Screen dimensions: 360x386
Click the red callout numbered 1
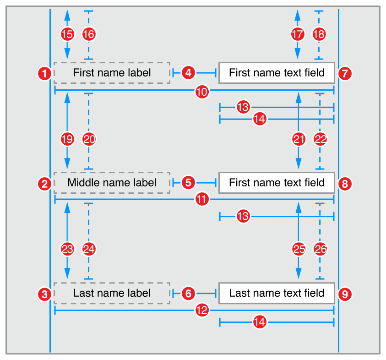click(x=44, y=73)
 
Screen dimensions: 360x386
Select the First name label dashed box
click(x=112, y=72)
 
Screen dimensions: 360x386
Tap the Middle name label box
click(x=112, y=183)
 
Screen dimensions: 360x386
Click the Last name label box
click(x=112, y=293)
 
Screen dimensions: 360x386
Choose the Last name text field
click(x=277, y=293)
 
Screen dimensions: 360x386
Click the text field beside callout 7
click(x=277, y=72)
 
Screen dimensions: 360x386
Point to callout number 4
click(x=189, y=72)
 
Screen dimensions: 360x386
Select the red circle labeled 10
click(x=201, y=92)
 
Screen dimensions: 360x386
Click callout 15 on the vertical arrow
click(x=67, y=34)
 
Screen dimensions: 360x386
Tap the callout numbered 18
click(x=320, y=34)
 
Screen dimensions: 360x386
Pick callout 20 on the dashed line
click(x=89, y=139)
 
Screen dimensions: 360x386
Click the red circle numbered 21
click(x=299, y=139)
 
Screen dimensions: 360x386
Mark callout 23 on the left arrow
click(x=67, y=250)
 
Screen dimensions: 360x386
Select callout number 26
click(x=320, y=250)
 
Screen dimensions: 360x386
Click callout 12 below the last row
click(x=201, y=311)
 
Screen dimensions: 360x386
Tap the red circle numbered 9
click(x=345, y=294)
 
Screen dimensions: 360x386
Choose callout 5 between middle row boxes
click(x=189, y=182)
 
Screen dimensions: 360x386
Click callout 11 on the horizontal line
click(x=201, y=200)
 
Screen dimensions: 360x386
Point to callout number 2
click(x=44, y=184)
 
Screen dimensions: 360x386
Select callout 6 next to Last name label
click(x=189, y=293)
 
